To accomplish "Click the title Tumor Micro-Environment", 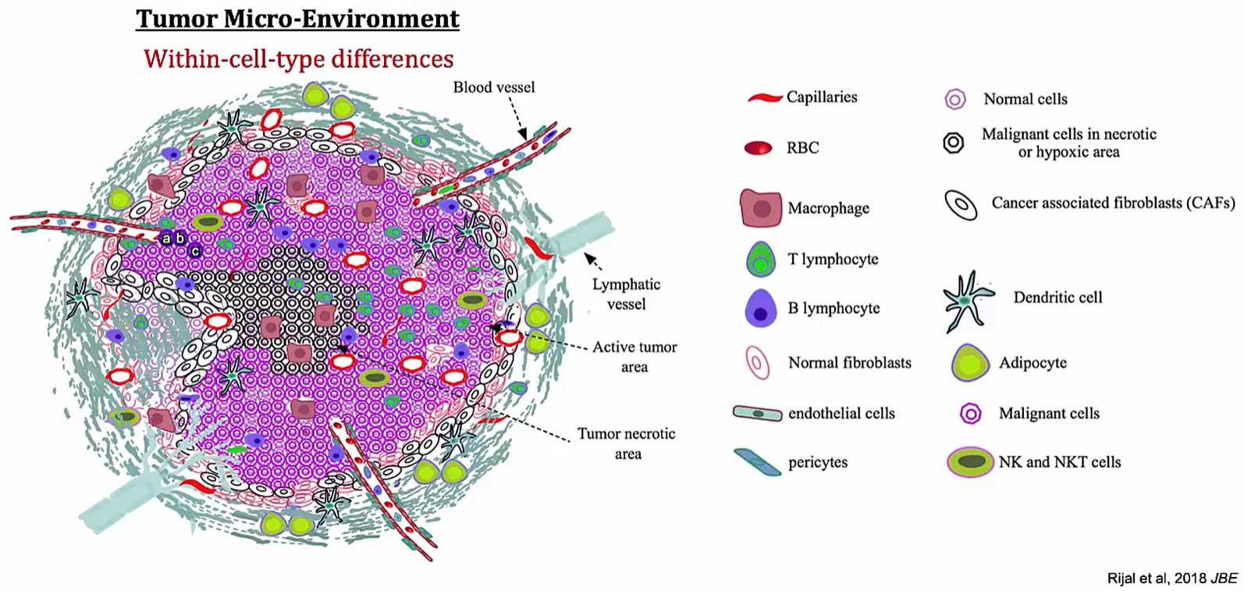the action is pos(297,19).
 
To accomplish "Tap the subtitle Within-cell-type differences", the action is pos(299,59).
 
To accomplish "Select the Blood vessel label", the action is pos(494,87).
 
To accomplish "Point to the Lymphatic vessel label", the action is pos(627,294).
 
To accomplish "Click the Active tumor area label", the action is pos(634,357).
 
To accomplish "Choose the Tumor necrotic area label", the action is pos(627,443).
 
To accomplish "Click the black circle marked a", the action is pos(165,239).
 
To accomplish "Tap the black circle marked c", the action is pos(195,251).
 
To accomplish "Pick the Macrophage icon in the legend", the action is pos(761,208).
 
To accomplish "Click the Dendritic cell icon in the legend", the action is pos(966,301).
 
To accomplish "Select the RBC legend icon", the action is pos(758,148).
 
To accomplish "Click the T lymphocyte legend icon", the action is pos(760,259).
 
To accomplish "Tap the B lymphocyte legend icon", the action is pos(760,308).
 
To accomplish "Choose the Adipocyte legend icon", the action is pos(970,363).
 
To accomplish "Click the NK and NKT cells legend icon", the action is pos(970,462).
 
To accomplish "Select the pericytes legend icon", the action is pos(757,462).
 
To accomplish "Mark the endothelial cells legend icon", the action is pos(758,413).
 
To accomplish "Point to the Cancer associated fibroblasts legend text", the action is pos(1113,203).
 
